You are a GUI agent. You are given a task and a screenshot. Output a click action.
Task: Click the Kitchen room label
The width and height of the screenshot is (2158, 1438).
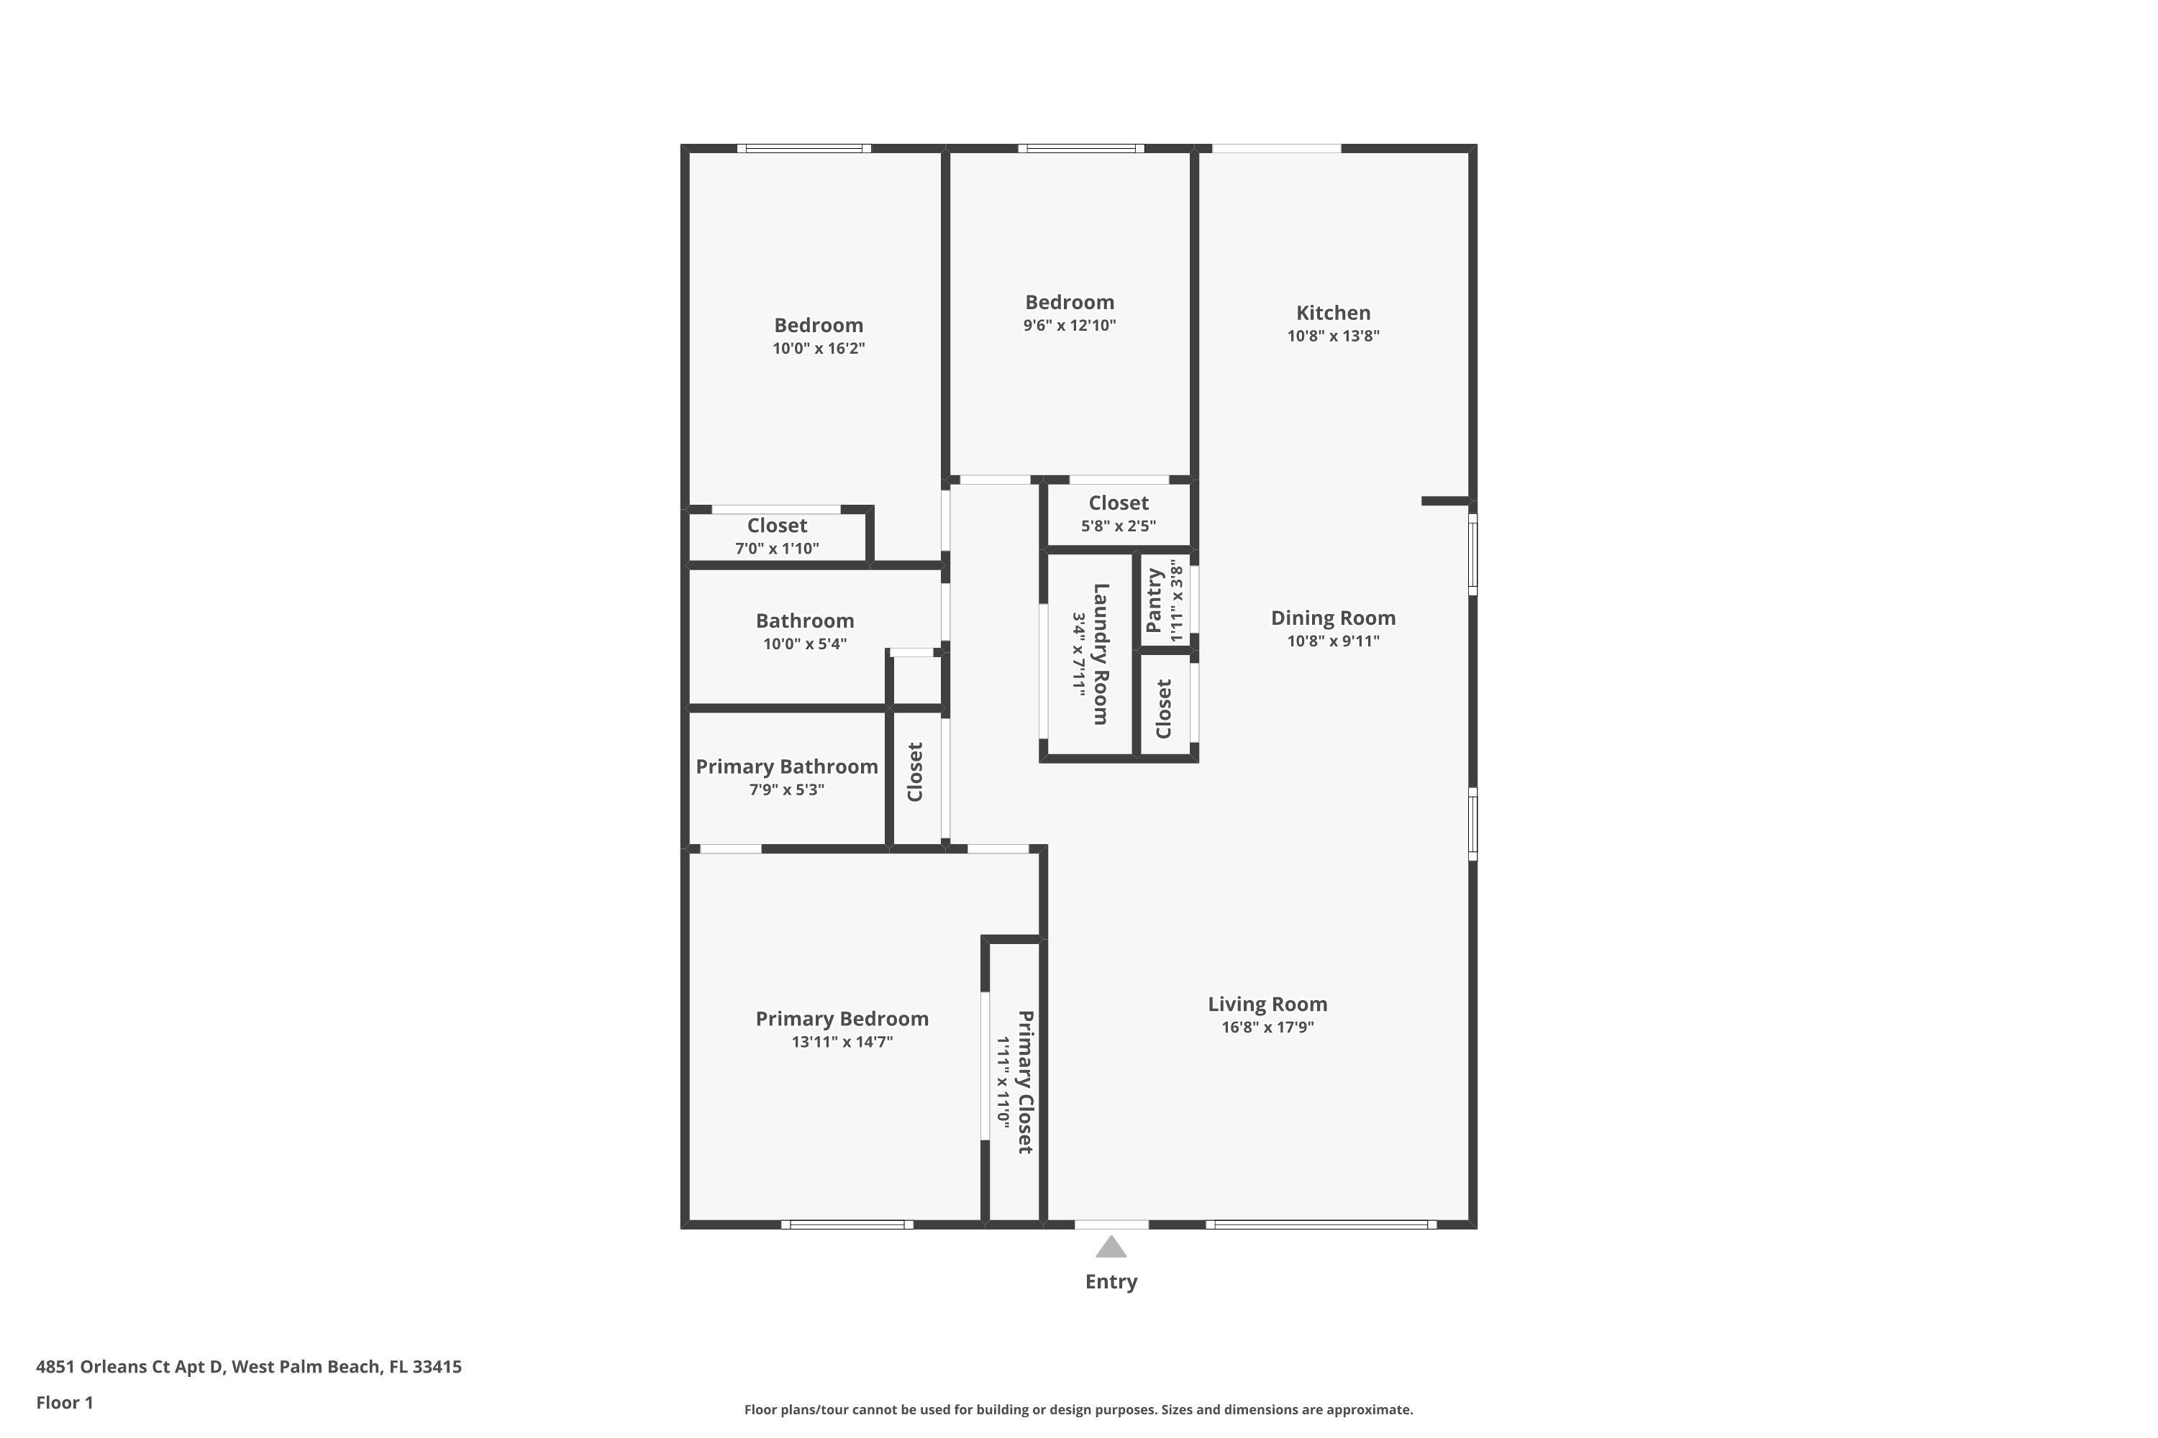click(x=1332, y=313)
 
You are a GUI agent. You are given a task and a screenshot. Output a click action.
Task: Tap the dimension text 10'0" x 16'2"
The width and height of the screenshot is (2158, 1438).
click(x=819, y=349)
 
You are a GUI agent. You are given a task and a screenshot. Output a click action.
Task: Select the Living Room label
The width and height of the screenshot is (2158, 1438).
click(x=1267, y=1004)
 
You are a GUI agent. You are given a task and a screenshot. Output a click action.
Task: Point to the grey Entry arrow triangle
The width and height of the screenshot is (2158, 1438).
click(x=1111, y=1247)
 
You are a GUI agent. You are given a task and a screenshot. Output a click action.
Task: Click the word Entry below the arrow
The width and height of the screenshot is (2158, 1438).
click(x=1111, y=1282)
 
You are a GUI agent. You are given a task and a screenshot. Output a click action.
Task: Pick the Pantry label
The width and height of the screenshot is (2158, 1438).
click(x=1155, y=600)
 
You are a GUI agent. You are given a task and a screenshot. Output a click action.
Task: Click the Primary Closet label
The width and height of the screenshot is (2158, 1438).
click(x=1026, y=1082)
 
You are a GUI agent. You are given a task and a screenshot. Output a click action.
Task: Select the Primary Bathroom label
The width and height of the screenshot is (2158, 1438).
click(x=786, y=766)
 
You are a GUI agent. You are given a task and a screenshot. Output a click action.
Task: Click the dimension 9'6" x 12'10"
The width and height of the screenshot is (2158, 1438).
click(x=1070, y=326)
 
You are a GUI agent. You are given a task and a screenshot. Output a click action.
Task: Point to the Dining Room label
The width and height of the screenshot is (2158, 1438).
click(x=1332, y=618)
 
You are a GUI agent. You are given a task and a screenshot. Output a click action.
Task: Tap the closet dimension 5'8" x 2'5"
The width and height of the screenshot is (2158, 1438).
click(x=1118, y=526)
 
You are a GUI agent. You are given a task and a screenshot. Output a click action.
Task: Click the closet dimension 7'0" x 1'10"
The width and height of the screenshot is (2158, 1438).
click(x=776, y=549)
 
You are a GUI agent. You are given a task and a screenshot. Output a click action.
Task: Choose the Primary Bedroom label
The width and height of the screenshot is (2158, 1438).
click(x=842, y=1019)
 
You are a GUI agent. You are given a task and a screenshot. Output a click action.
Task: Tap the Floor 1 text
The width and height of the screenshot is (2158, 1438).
click(x=64, y=1402)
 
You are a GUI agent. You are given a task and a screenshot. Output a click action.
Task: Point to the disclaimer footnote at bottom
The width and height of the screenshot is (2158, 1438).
click(x=1078, y=1409)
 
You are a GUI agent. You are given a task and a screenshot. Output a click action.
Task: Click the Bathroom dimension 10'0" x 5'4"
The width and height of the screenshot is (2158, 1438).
click(x=805, y=644)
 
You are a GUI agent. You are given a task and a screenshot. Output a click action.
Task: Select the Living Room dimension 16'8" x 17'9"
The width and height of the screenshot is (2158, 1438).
click(x=1267, y=1027)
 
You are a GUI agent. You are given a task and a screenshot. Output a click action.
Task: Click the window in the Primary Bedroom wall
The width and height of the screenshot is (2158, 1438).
click(x=847, y=1224)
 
